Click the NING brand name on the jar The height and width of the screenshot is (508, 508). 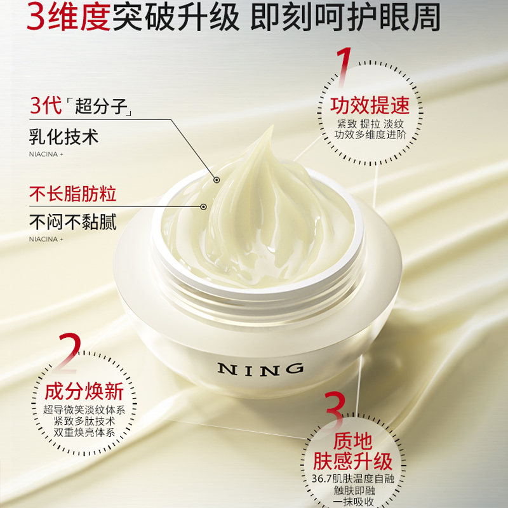[x=260, y=370]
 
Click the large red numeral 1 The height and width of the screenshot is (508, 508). [x=344, y=67]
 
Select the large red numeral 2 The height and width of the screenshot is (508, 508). [x=69, y=353]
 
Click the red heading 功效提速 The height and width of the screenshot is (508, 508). [x=370, y=105]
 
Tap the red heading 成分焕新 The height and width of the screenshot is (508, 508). [x=84, y=392]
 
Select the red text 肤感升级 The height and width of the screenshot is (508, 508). [x=353, y=461]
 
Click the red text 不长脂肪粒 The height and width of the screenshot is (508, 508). [x=73, y=194]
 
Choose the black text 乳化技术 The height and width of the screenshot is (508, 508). [x=64, y=137]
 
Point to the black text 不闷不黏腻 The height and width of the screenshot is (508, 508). [x=73, y=223]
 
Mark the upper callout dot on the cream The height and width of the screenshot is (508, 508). [x=216, y=180]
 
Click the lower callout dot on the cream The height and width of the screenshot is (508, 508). [x=203, y=207]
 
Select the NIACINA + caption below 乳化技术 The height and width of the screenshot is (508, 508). [x=46, y=154]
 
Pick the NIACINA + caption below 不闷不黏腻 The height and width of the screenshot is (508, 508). [x=46, y=239]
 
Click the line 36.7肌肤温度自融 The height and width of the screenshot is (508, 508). [x=353, y=479]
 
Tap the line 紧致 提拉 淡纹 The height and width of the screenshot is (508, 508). [x=370, y=124]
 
